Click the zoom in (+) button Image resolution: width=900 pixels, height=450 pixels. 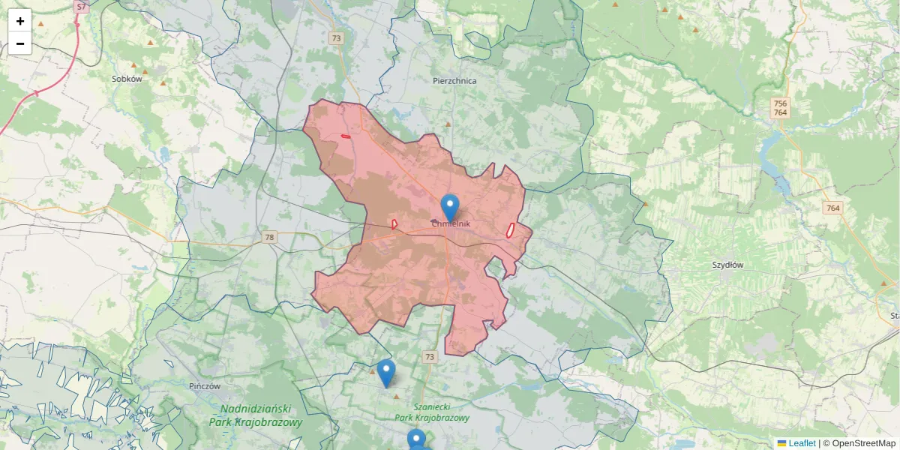pyautogui.click(x=20, y=21)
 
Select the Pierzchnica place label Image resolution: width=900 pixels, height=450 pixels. pyautogui.click(x=454, y=80)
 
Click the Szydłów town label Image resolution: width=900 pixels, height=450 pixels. pyautogui.click(x=727, y=265)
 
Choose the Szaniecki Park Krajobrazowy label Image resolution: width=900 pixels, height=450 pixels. pyautogui.click(x=431, y=412)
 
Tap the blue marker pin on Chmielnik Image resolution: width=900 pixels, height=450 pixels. pyautogui.click(x=450, y=206)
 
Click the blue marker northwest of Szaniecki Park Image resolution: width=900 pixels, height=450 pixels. pyautogui.click(x=385, y=372)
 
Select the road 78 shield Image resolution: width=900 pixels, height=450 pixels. pyautogui.click(x=269, y=238)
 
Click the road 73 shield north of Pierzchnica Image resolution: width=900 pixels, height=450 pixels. pyautogui.click(x=336, y=38)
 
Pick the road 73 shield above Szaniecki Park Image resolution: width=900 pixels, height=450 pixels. pyautogui.click(x=429, y=356)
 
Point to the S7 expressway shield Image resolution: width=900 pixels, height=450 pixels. pyautogui.click(x=81, y=6)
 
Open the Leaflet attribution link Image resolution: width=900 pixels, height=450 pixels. pyautogui.click(x=801, y=443)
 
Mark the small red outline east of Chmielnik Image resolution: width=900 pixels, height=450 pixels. pyautogui.click(x=510, y=230)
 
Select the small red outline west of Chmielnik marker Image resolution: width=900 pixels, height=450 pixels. pyautogui.click(x=394, y=223)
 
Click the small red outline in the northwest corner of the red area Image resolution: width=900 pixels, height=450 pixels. pyautogui.click(x=346, y=136)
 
